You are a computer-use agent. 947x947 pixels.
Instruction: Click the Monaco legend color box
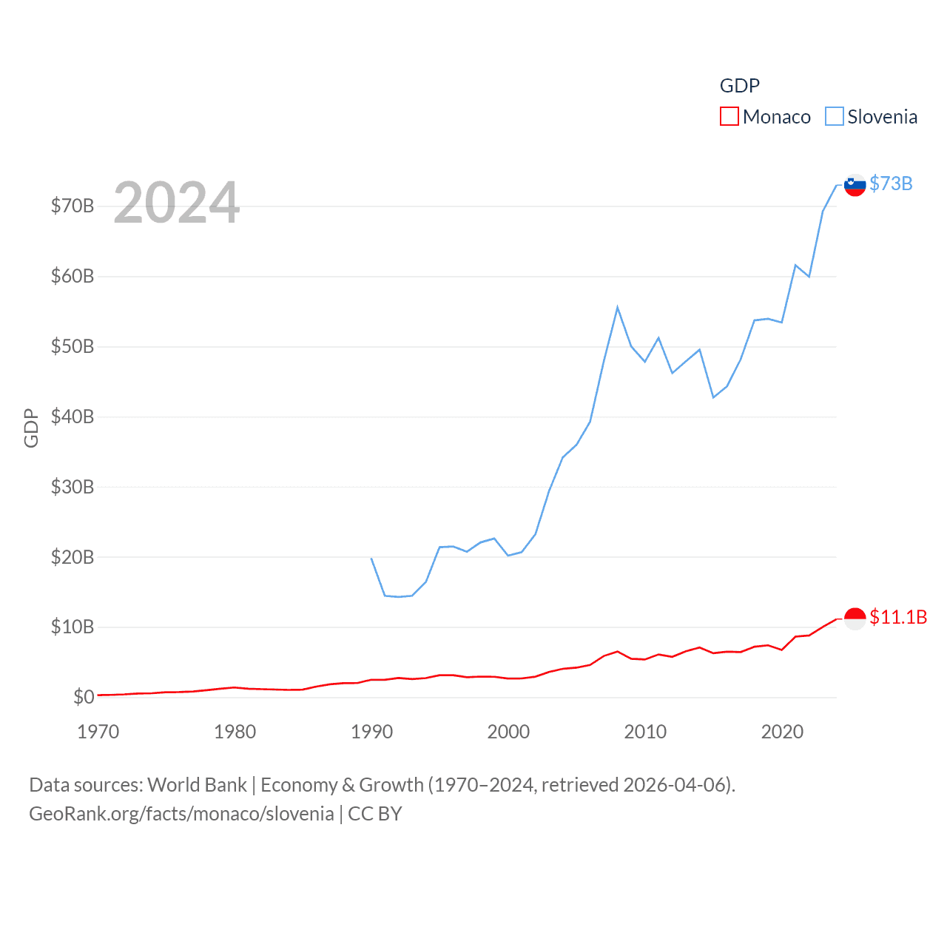(x=729, y=117)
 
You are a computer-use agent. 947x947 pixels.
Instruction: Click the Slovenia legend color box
(x=834, y=117)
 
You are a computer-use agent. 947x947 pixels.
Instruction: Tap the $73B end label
(x=891, y=183)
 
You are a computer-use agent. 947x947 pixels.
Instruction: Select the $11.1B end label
(x=898, y=617)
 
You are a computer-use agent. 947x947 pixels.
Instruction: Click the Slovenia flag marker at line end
(x=855, y=185)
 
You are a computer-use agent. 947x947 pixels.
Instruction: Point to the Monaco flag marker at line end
(x=855, y=619)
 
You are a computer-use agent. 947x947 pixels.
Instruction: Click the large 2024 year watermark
(x=177, y=203)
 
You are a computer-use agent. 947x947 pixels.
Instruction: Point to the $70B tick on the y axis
(x=73, y=206)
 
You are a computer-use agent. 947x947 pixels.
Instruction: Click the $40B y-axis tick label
(x=73, y=417)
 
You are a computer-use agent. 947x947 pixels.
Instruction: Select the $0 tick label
(x=84, y=697)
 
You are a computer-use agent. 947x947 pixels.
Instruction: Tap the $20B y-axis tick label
(x=73, y=557)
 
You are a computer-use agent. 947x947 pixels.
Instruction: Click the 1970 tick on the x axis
(x=98, y=732)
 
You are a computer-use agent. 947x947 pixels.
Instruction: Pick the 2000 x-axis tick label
(x=508, y=732)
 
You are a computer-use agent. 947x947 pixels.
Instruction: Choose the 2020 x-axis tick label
(x=782, y=732)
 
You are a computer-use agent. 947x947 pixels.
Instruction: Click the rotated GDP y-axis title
(x=31, y=428)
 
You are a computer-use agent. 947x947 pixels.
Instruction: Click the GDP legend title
(x=740, y=86)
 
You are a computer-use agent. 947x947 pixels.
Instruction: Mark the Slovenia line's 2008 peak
(x=617, y=308)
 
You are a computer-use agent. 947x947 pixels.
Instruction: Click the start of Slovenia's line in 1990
(x=371, y=559)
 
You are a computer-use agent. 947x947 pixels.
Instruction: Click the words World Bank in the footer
(x=198, y=785)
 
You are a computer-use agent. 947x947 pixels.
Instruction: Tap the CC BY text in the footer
(x=375, y=814)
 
